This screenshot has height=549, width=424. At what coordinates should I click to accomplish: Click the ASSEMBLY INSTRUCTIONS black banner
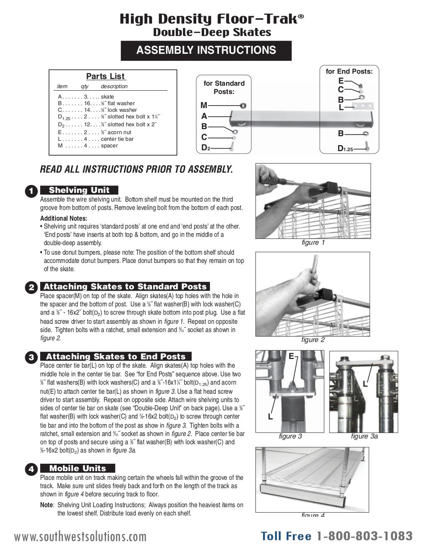(x=206, y=51)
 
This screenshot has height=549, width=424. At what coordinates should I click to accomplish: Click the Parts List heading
(x=106, y=76)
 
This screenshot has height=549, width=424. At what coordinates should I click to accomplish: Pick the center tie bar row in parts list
(x=96, y=139)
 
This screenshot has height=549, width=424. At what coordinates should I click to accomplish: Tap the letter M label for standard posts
(x=204, y=106)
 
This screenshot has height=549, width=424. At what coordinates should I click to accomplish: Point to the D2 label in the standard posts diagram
(x=205, y=147)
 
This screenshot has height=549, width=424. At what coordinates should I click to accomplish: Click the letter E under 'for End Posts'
(x=341, y=81)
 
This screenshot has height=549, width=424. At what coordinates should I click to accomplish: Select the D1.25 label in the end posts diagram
(x=345, y=148)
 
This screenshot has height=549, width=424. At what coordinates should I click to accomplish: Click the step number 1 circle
(x=31, y=191)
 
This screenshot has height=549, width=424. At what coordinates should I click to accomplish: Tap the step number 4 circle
(x=31, y=469)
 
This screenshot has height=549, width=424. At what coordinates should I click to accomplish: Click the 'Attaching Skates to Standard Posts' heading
(x=125, y=287)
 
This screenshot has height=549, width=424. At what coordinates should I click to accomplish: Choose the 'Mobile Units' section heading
(x=77, y=468)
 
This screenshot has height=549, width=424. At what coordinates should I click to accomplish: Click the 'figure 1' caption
(x=313, y=243)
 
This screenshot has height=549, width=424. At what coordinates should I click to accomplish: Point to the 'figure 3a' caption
(x=364, y=436)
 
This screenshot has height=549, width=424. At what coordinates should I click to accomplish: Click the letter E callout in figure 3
(x=291, y=356)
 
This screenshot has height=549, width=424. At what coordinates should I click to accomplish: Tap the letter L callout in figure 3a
(x=365, y=384)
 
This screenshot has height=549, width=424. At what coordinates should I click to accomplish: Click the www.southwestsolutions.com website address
(x=80, y=537)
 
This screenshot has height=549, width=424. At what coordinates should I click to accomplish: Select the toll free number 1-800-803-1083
(x=364, y=536)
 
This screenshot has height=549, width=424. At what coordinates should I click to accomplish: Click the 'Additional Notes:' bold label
(x=63, y=218)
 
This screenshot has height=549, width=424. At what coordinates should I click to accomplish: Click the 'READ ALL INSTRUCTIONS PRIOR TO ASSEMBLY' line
(x=136, y=169)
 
